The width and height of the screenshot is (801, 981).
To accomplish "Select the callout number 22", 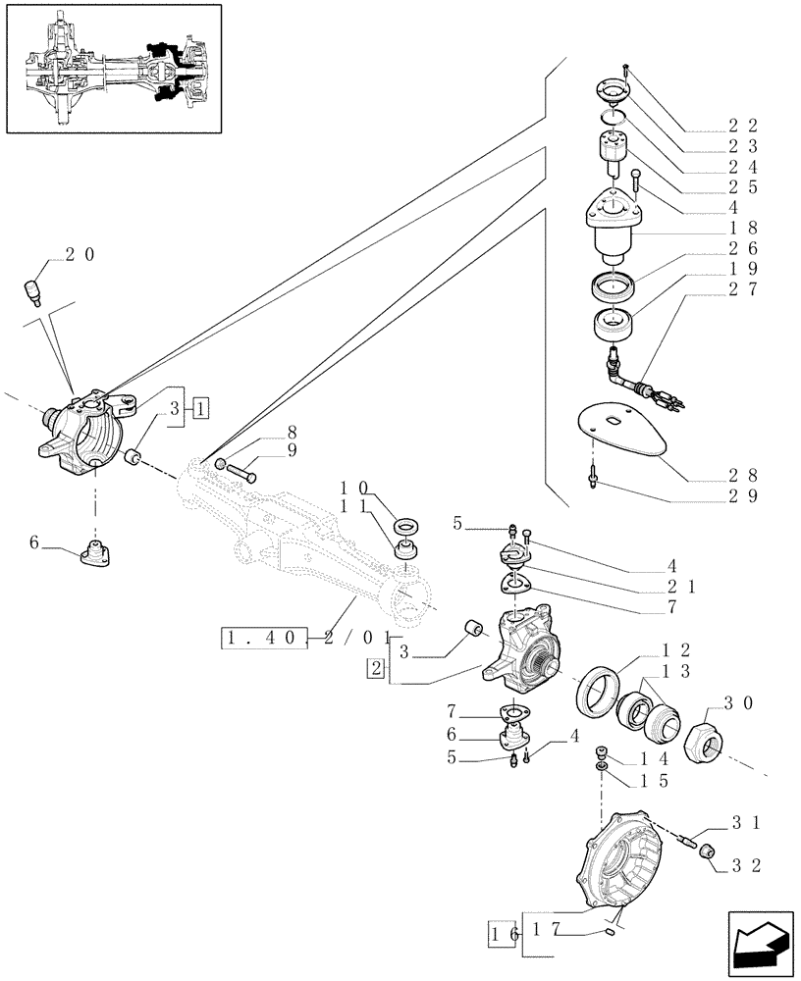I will coord(745,126).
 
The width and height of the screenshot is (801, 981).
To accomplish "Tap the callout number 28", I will coord(745,477).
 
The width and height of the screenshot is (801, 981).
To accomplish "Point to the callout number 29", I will coord(745,496).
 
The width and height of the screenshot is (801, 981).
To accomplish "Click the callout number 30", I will coord(737,702).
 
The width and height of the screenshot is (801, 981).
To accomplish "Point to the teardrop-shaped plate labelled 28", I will coord(624,429).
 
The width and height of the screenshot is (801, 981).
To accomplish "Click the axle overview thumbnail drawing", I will coord(122,69).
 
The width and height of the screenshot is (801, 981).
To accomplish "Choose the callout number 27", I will coord(745,289).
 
